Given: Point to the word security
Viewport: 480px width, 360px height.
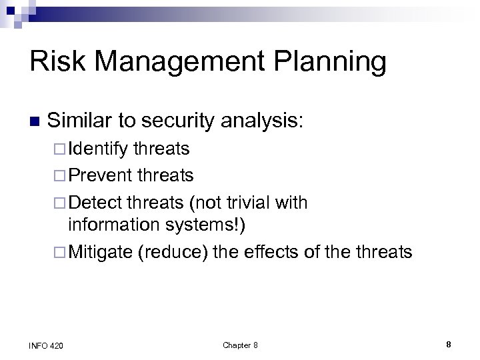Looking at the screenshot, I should (x=180, y=121).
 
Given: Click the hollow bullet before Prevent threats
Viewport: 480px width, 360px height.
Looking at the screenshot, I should (x=59, y=176).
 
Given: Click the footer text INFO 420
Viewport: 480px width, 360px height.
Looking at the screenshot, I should (x=46, y=345).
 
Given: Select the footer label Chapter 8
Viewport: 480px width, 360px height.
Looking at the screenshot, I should (x=240, y=345).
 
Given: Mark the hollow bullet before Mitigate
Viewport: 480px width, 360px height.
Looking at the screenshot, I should (x=59, y=253).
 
